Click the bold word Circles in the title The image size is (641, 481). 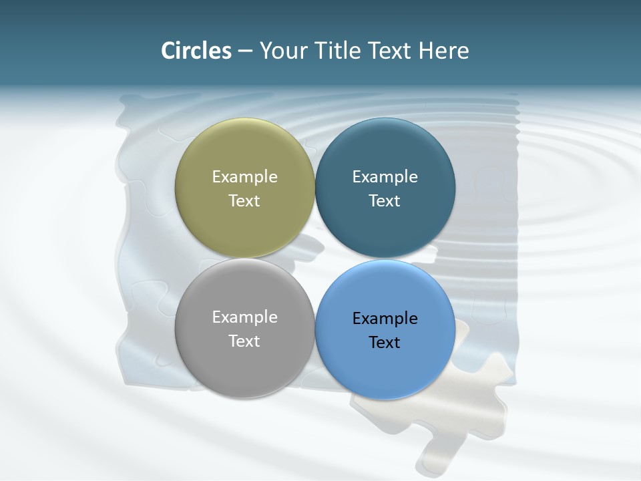[x=196, y=50]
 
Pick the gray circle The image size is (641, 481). [x=244, y=364]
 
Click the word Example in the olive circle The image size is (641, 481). [x=244, y=176]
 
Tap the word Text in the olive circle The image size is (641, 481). [x=244, y=200]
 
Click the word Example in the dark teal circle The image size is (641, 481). [x=385, y=176]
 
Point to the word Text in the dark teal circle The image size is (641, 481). [x=385, y=200]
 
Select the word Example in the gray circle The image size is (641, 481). [x=244, y=317]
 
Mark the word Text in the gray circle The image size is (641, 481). [x=244, y=341]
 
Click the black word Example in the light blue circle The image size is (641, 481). [x=385, y=318]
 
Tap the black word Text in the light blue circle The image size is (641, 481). [x=385, y=342]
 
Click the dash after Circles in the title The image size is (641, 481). [x=245, y=51]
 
